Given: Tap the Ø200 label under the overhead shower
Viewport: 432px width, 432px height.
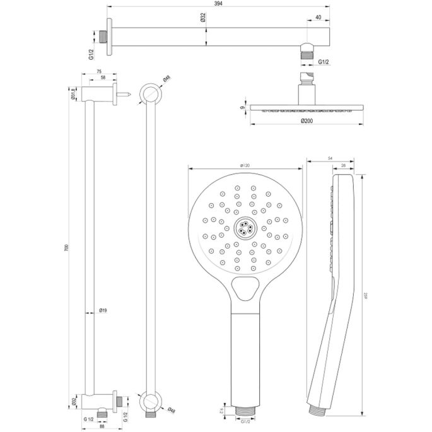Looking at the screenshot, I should click(x=306, y=120).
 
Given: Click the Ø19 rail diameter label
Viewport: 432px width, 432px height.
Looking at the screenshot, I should click(x=103, y=310).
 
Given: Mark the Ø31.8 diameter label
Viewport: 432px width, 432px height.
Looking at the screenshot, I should click(x=73, y=94).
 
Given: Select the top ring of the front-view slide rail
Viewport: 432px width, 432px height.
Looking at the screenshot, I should click(x=149, y=95).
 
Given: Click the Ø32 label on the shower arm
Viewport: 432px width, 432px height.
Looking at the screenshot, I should click(x=202, y=18).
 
